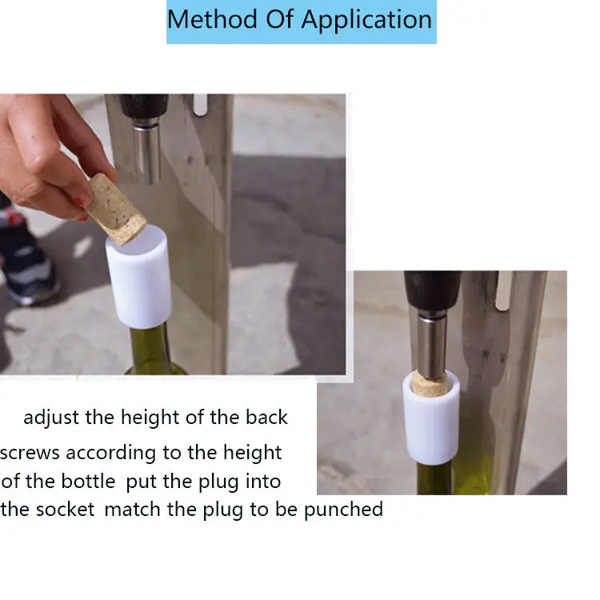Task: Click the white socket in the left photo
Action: [139, 276]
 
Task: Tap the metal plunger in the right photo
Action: [432, 344]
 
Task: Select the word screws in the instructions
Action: [30, 453]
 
